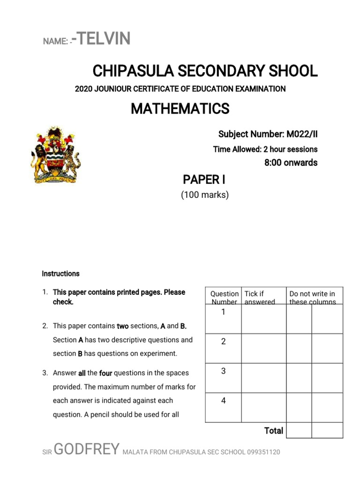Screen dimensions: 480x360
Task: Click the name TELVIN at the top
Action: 103,39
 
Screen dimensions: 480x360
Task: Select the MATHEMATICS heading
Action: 180,109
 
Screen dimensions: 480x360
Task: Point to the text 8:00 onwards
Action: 291,163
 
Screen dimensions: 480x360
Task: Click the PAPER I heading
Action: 201,180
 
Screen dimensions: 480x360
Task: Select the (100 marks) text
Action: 205,195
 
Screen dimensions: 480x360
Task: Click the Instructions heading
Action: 60,273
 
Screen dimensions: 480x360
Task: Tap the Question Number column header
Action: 224,297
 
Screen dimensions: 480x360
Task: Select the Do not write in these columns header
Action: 313,297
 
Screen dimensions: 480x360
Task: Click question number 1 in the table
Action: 223,312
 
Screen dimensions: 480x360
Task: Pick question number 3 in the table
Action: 223,371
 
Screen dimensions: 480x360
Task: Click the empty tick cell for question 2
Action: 263,348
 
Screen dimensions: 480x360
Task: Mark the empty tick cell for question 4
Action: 263,407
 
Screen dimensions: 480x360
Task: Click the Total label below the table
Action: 274,430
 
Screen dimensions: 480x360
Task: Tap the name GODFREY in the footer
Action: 87,450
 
